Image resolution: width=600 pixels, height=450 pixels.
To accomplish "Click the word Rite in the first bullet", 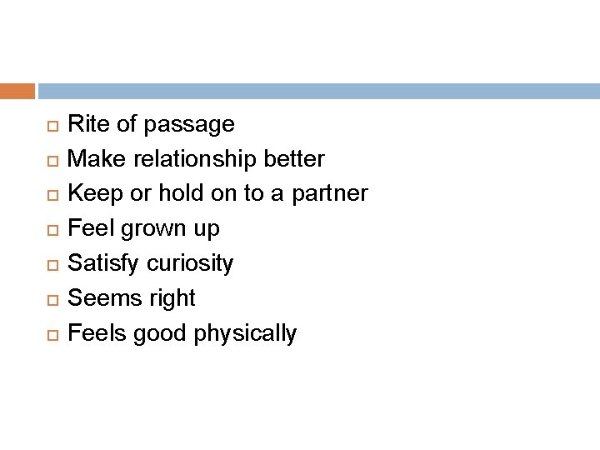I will (86, 125).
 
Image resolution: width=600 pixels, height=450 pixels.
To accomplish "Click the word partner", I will (332, 194).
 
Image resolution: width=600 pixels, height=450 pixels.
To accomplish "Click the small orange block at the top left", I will (17, 90).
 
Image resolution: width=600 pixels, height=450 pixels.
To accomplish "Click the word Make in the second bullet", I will (96, 158).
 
